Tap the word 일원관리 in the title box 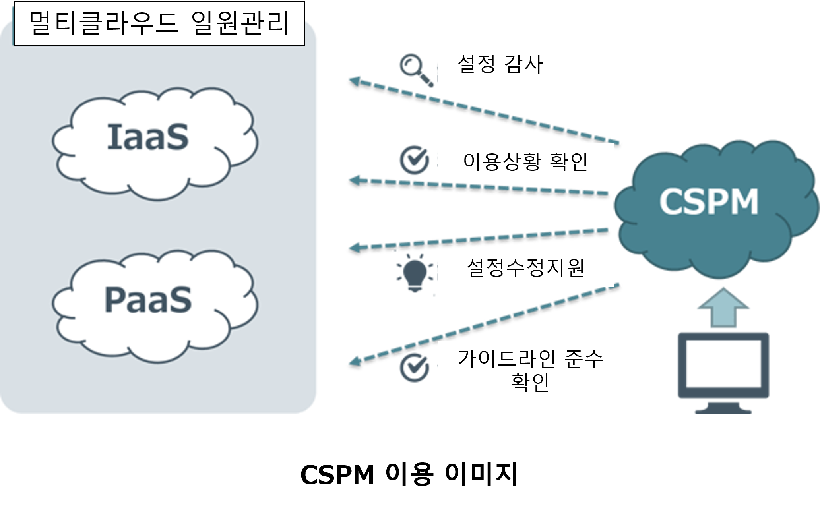(x=240, y=24)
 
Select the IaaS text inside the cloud (x=147, y=137)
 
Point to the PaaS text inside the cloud (x=148, y=300)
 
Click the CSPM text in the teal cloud (x=709, y=202)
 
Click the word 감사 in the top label (x=524, y=64)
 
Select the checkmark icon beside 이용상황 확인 (x=414, y=160)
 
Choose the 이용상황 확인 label (x=525, y=162)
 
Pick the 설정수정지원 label (x=525, y=268)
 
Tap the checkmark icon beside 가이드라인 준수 (x=414, y=368)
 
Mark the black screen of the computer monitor (x=723, y=364)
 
